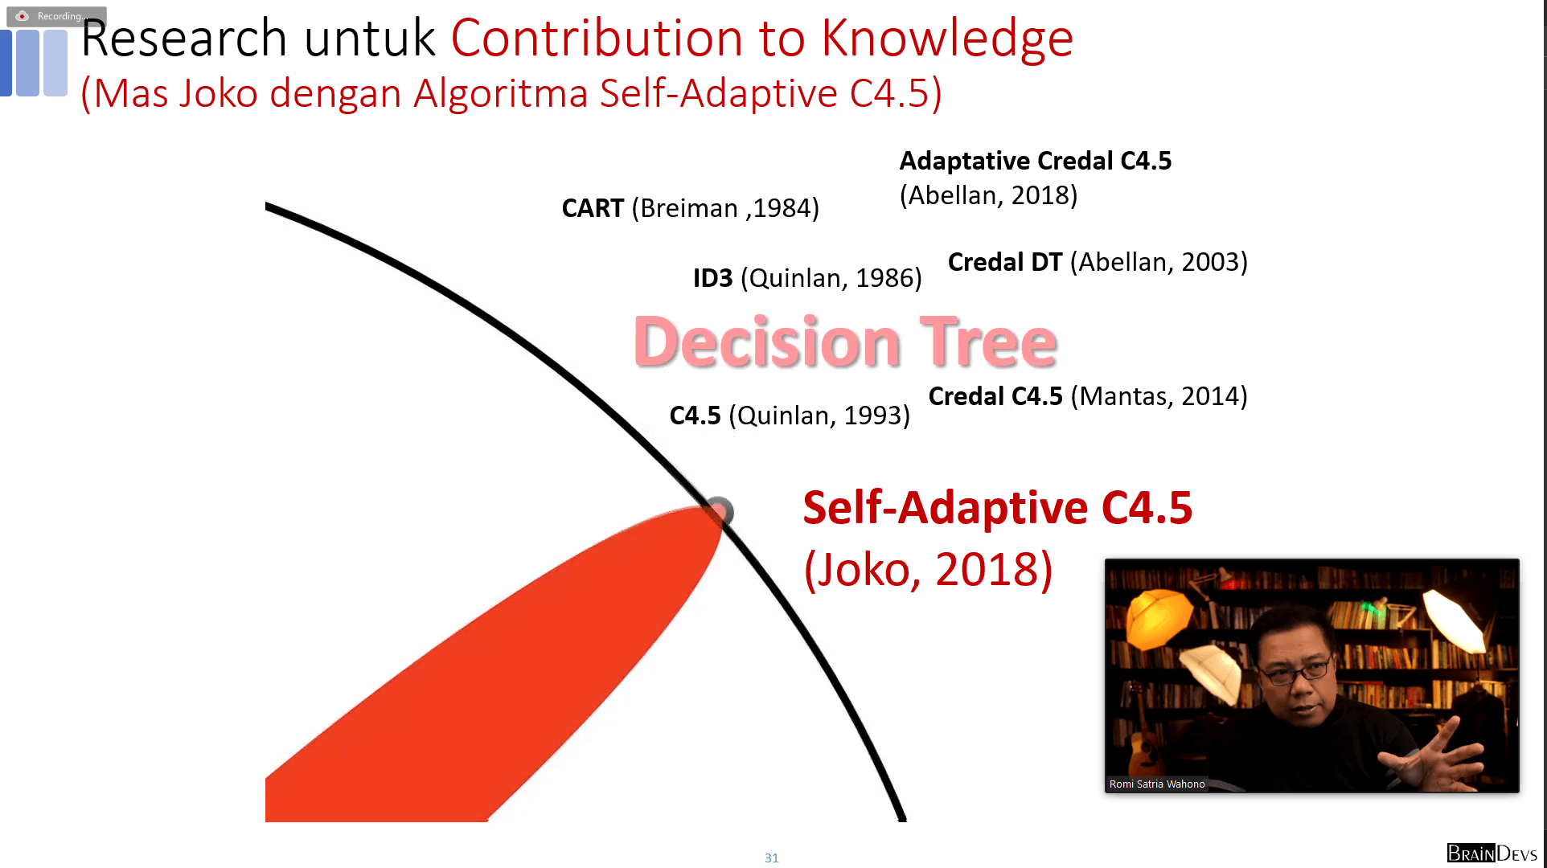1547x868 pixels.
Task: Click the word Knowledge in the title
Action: [946, 39]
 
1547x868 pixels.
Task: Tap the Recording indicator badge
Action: [56, 16]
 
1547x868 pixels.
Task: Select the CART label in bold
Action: [593, 208]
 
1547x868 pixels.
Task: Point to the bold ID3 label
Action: [712, 278]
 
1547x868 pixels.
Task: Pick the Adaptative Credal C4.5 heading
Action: [1036, 161]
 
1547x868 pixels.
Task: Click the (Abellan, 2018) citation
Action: [988, 195]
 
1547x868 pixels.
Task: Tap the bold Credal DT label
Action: [1005, 262]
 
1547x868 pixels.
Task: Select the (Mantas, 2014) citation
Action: [1159, 396]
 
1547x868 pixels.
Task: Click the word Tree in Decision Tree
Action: [988, 342]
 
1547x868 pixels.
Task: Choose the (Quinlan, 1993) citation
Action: [819, 416]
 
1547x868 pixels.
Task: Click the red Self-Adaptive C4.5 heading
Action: [998, 508]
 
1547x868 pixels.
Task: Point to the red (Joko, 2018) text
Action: [929, 570]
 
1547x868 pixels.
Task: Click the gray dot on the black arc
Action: [719, 511]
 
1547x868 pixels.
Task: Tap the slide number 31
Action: [772, 858]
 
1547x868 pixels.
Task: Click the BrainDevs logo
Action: [1492, 853]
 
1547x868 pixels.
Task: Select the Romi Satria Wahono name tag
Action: [1157, 784]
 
